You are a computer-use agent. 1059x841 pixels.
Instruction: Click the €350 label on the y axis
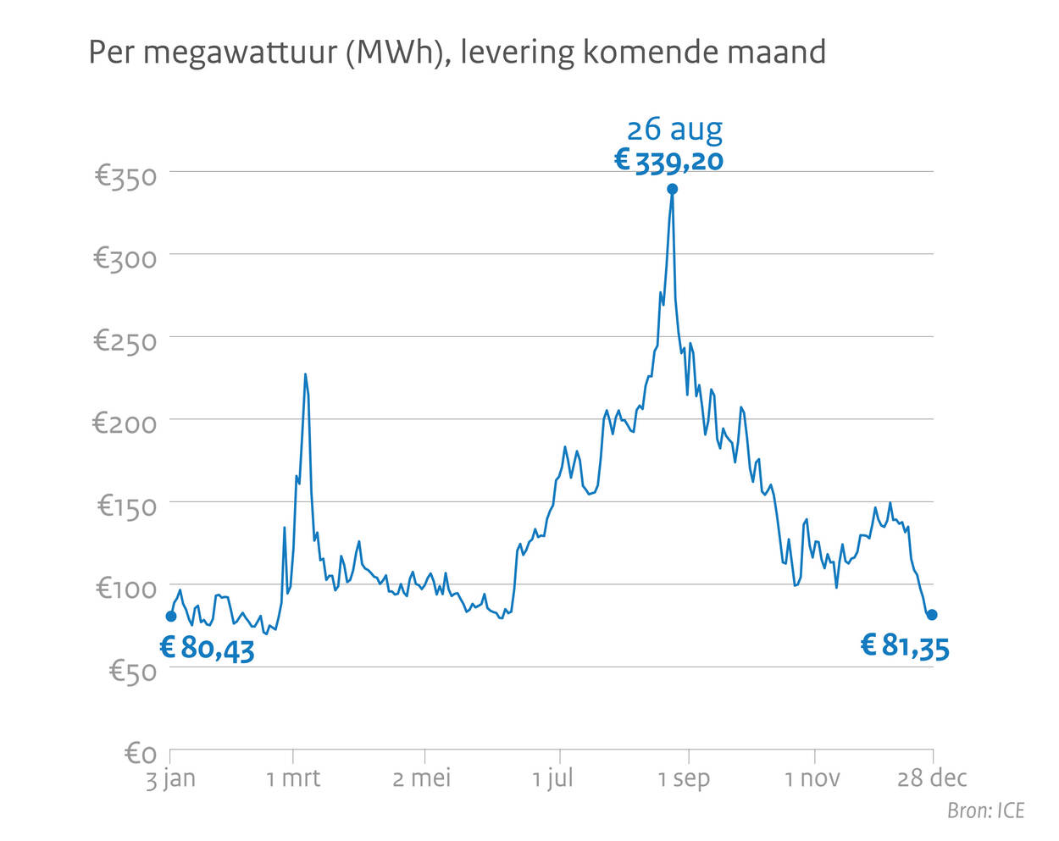point(125,176)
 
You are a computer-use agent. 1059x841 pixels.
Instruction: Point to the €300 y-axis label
point(125,258)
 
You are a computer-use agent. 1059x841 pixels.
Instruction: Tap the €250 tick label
point(125,340)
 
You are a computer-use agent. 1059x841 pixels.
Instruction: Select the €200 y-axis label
point(125,423)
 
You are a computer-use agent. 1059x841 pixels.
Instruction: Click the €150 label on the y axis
point(127,506)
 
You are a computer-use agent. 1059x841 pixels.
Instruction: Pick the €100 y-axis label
point(126,588)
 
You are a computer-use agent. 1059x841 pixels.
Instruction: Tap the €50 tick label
point(133,671)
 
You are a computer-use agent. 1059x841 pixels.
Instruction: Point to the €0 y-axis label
point(141,753)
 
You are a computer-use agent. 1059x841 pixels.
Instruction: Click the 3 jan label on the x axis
point(170,778)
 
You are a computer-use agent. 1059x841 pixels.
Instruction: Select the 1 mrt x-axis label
point(293,778)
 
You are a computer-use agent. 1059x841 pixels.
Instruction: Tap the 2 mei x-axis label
point(422,778)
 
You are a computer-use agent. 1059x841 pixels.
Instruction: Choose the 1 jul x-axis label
point(553,778)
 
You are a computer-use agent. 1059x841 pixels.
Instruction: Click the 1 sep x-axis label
point(685,778)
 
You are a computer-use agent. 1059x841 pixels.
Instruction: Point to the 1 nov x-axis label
point(812,778)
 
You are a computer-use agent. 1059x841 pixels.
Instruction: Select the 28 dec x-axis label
point(932,778)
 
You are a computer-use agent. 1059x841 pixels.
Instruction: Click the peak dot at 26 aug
point(673,189)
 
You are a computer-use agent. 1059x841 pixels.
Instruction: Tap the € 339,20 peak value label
point(669,160)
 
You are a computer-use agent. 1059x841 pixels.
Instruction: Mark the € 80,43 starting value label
point(208,649)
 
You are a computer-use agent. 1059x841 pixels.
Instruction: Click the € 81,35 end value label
point(905,646)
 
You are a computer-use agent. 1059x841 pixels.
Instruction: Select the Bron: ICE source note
point(985,811)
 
